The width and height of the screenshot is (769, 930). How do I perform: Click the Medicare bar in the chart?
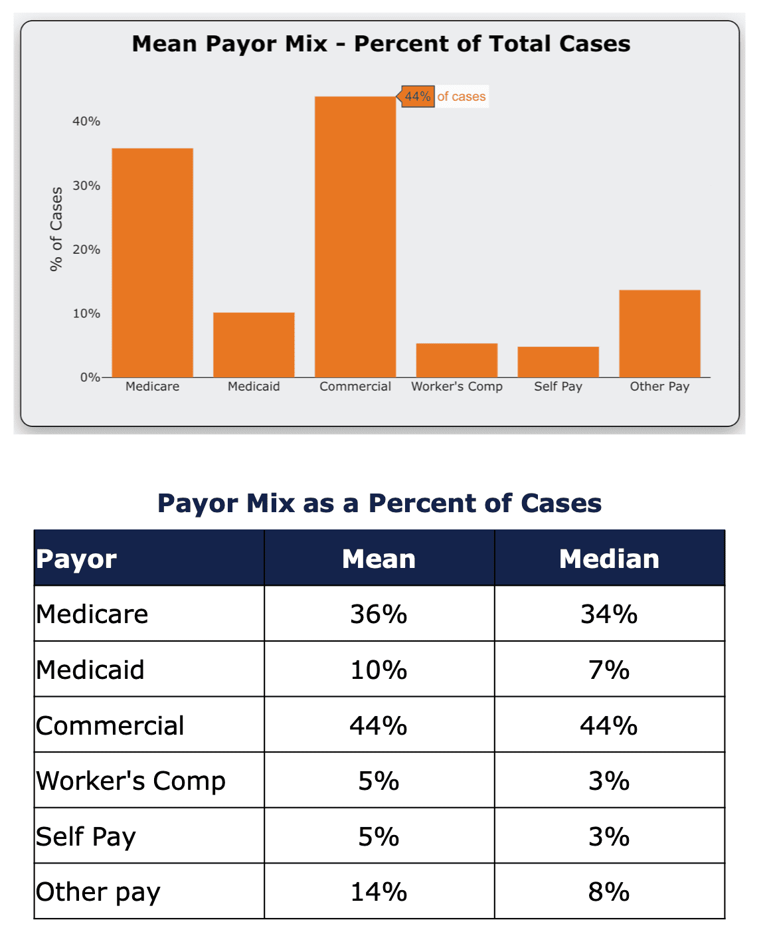tap(152, 262)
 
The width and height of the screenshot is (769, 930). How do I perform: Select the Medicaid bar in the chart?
tap(254, 345)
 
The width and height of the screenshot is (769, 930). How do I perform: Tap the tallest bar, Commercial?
tap(355, 237)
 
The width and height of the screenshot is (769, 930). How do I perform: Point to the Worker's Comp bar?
tap(456, 360)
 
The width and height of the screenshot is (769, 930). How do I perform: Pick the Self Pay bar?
tap(558, 362)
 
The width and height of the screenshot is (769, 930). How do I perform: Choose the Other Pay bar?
tap(659, 333)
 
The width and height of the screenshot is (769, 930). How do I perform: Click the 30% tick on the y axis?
tap(86, 185)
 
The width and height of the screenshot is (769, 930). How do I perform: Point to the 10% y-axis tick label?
tap(86, 314)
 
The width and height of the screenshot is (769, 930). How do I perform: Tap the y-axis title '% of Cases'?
tap(56, 229)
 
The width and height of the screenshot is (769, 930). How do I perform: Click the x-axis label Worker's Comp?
tap(456, 387)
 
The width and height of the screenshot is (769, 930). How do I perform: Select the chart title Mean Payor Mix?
tap(381, 44)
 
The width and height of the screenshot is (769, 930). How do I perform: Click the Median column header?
tap(609, 559)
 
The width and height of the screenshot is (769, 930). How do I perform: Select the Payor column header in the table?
tap(77, 559)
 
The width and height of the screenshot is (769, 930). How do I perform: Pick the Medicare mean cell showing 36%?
tap(379, 614)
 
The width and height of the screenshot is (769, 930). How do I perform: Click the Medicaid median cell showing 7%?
tap(609, 670)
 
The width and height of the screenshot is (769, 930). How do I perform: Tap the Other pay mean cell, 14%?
tap(379, 891)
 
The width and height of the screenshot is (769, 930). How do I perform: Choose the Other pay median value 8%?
tap(609, 891)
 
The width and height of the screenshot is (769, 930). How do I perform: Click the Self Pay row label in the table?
tap(86, 836)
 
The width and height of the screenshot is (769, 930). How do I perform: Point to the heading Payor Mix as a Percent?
tap(379, 504)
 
